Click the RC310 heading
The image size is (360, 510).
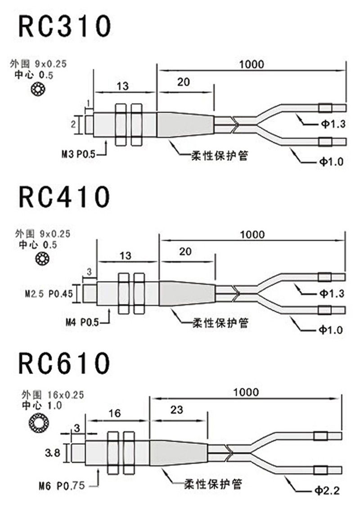[64, 27]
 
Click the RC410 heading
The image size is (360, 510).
[64, 197]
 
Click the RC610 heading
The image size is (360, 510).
[64, 363]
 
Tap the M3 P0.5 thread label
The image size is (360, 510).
[78, 155]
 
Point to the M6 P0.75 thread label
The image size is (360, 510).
[62, 486]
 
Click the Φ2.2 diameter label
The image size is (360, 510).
[331, 489]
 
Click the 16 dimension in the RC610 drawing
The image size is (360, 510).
[115, 413]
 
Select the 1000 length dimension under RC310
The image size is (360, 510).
[252, 64]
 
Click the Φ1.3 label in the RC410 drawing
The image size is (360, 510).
[332, 294]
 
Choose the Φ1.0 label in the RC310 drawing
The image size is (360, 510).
[332, 161]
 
